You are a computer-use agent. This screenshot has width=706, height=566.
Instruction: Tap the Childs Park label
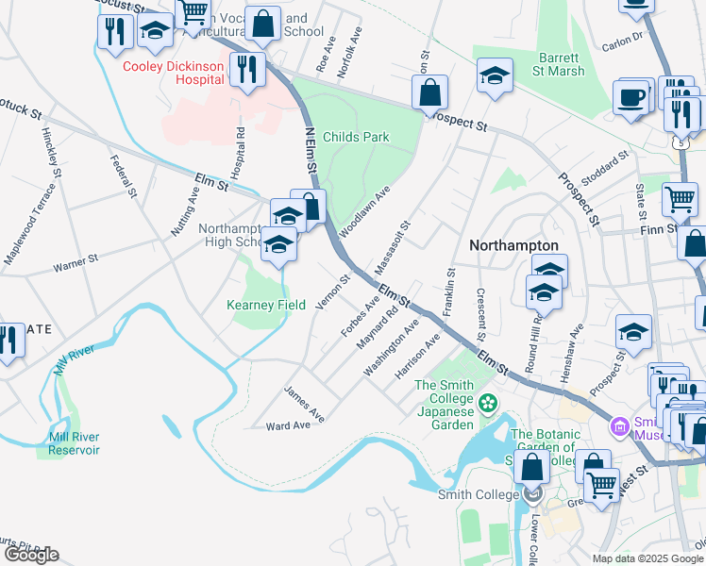pos(356,137)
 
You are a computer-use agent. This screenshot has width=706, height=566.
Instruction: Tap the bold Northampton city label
pos(514,245)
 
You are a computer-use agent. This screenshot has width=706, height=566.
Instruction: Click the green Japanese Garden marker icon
pos(488,405)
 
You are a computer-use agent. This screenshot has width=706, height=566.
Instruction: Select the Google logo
pos(31,554)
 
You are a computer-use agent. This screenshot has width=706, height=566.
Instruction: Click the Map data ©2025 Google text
pos(647,558)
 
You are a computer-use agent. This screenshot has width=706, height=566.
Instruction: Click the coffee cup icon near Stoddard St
pos(630,97)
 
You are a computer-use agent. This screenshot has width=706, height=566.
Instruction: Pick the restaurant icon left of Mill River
pos(9,341)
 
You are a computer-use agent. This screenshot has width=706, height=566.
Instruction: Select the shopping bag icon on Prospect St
pos(429,93)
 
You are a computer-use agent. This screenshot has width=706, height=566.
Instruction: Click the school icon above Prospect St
pos(495,75)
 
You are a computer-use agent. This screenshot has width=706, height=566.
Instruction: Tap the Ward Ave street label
pos(288,425)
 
